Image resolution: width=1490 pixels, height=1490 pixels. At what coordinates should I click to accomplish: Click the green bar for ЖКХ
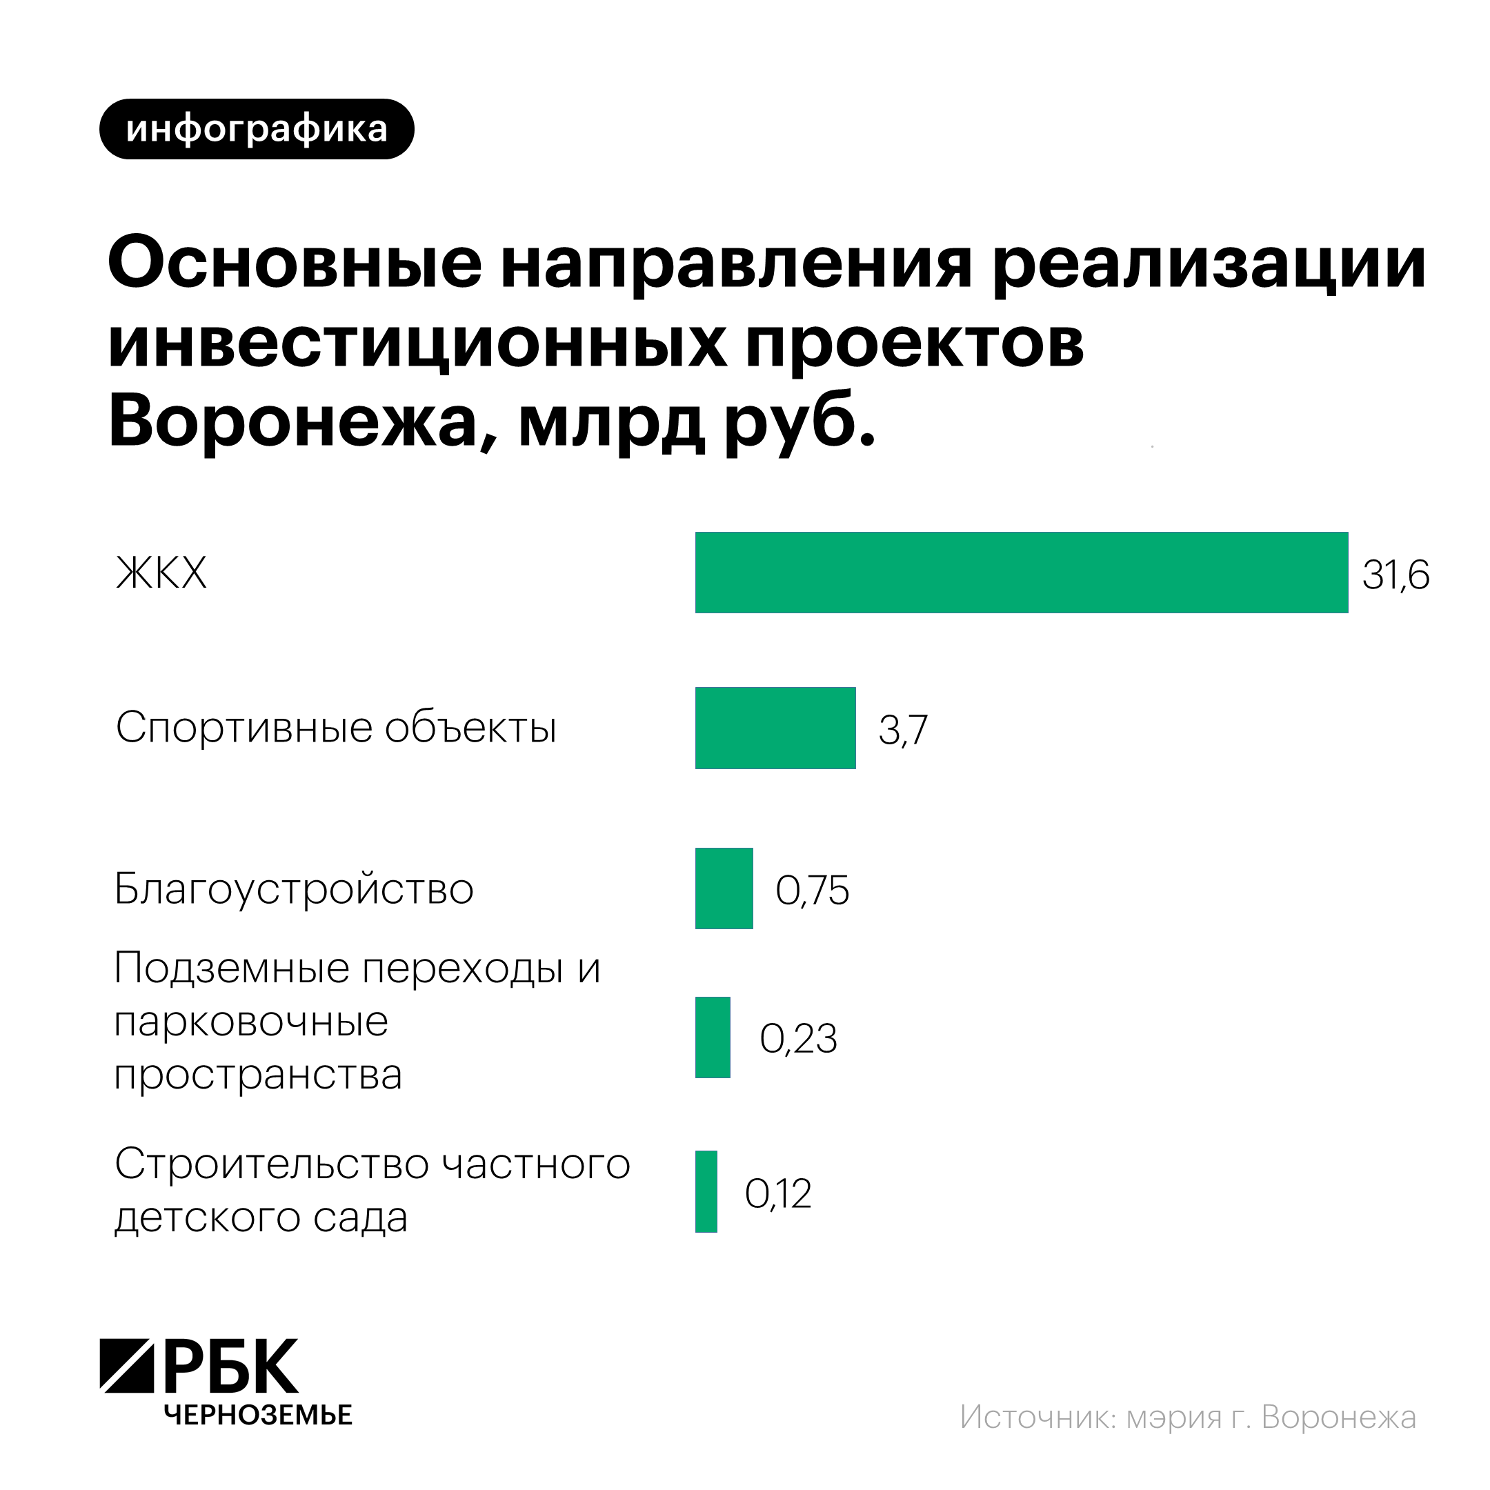coord(1021,573)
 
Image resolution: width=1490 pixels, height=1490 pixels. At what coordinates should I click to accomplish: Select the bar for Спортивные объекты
coord(775,728)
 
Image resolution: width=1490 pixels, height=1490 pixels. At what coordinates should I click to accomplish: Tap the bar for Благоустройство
coord(724,888)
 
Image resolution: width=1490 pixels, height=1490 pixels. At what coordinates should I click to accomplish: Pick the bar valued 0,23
coord(712,1037)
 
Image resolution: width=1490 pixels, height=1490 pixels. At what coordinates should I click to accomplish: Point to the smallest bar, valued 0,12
coord(706,1191)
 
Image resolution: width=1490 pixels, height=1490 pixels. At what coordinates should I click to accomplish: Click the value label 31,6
coord(1395,575)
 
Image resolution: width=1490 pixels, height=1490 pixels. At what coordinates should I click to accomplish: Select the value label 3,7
coord(902,730)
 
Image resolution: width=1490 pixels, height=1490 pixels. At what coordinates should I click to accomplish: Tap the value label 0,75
coord(812,891)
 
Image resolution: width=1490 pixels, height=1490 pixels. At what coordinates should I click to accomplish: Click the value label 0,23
coord(798,1039)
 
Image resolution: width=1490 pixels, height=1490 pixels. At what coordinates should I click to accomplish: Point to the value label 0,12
coord(777,1194)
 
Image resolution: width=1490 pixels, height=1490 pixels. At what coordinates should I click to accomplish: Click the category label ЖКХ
coord(161,574)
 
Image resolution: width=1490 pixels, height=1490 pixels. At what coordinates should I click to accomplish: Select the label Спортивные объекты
coord(335,727)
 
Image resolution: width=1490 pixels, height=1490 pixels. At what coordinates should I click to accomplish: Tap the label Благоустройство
coord(294,889)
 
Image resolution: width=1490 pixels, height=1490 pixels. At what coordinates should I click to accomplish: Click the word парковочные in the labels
coord(251,1022)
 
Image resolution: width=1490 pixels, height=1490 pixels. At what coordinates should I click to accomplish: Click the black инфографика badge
coord(257,130)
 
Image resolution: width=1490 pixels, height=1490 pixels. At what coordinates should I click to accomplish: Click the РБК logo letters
coord(231,1367)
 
